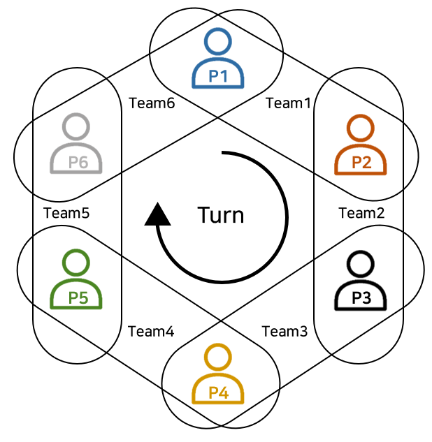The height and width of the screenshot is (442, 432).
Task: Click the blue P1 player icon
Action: pyautogui.click(x=218, y=59)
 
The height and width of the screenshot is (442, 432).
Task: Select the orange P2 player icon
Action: pyautogui.click(x=361, y=146)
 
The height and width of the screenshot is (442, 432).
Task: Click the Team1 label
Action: pyautogui.click(x=287, y=103)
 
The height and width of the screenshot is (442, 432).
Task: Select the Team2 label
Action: pyautogui.click(x=361, y=213)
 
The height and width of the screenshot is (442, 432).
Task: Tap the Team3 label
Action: pyautogui.click(x=285, y=331)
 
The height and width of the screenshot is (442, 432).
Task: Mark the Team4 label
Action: pyautogui.click(x=151, y=331)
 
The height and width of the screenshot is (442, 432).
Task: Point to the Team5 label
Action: pyautogui.click(x=66, y=213)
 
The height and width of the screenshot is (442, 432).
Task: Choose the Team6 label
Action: pyautogui.click(x=152, y=103)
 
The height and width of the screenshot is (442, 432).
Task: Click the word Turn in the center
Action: pyautogui.click(x=221, y=214)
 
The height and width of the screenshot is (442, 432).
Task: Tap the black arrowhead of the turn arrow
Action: pyautogui.click(x=157, y=214)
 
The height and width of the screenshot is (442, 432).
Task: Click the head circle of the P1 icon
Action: pyautogui.click(x=218, y=42)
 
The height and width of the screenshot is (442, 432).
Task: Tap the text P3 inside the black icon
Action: pyautogui.click(x=361, y=297)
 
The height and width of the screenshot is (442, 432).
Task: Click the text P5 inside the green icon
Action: pyautogui.click(x=78, y=297)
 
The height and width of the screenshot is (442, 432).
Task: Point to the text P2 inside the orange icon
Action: pyautogui.click(x=361, y=163)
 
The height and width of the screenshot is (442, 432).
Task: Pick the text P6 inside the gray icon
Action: pyautogui.click(x=78, y=162)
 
